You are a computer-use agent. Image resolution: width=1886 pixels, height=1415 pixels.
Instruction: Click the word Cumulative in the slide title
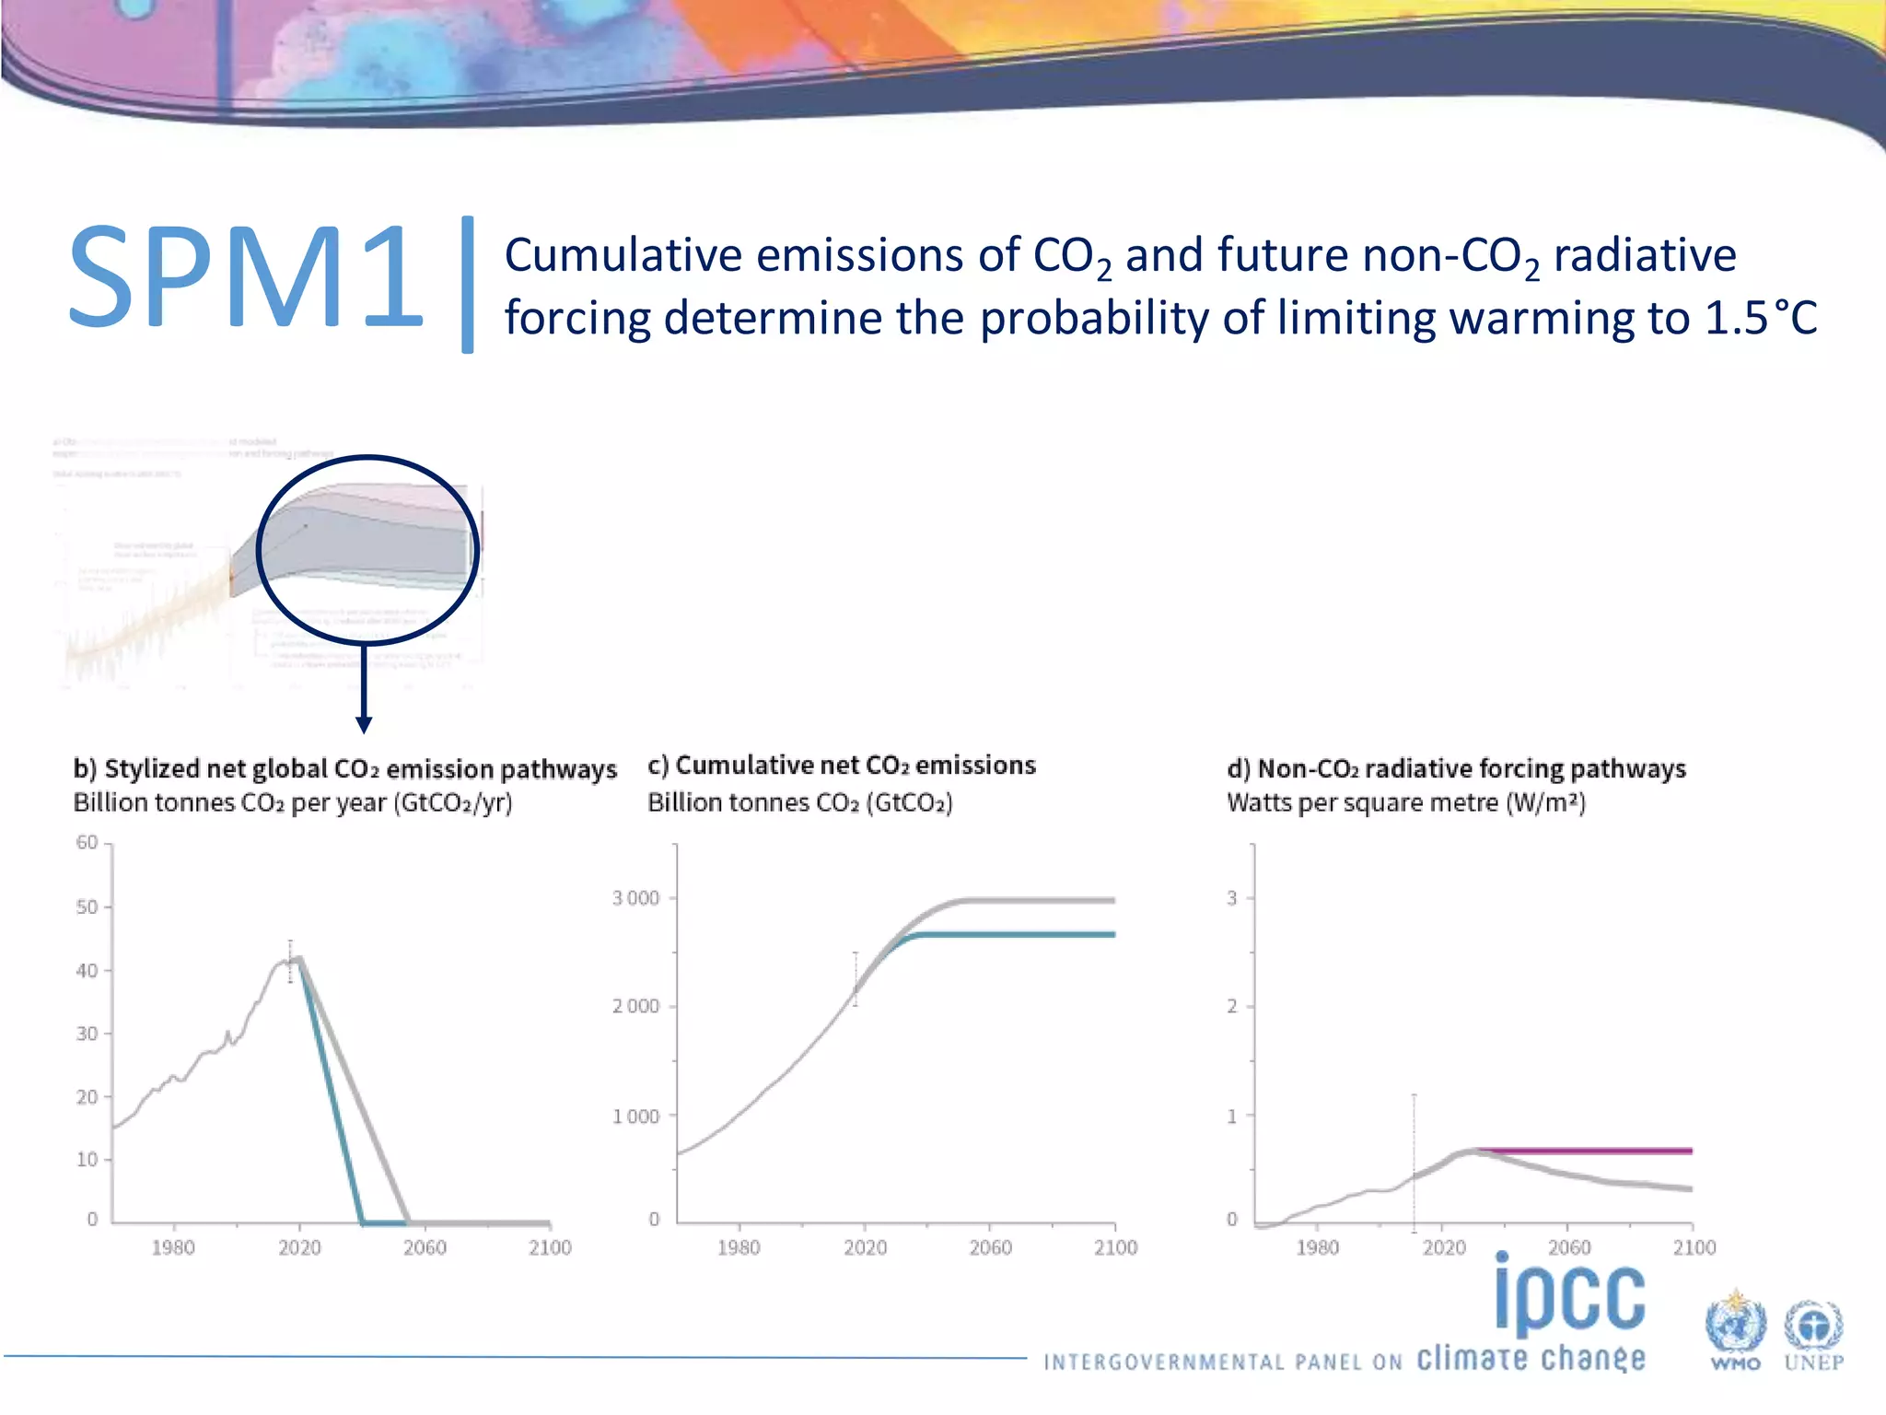pos(623,256)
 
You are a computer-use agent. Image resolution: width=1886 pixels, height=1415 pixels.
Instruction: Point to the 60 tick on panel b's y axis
pos(87,843)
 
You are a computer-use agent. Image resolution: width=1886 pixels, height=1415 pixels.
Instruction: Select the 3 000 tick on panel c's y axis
pos(636,898)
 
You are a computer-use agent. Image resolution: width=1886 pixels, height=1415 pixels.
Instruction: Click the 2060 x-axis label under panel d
pos(1569,1247)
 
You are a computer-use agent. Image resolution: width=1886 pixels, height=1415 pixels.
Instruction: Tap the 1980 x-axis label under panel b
pos(173,1247)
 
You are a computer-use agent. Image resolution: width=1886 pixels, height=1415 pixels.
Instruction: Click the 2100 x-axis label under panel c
pos(1115,1247)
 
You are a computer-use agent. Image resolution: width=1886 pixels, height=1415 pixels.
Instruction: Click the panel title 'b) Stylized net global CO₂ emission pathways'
pos(344,769)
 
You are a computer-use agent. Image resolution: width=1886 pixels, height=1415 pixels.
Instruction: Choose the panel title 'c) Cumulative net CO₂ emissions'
pos(842,766)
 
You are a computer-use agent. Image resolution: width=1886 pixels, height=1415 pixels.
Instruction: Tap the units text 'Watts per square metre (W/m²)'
pos(1406,803)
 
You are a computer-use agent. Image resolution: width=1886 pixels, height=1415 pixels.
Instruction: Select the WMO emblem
pos(1735,1330)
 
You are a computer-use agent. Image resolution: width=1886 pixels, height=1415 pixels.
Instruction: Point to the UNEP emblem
pos(1813,1330)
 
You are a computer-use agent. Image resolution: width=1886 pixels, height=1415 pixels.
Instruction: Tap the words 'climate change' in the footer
pos(1531,1359)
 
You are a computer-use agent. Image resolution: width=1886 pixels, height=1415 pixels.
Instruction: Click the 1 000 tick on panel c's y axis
pos(636,1117)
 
